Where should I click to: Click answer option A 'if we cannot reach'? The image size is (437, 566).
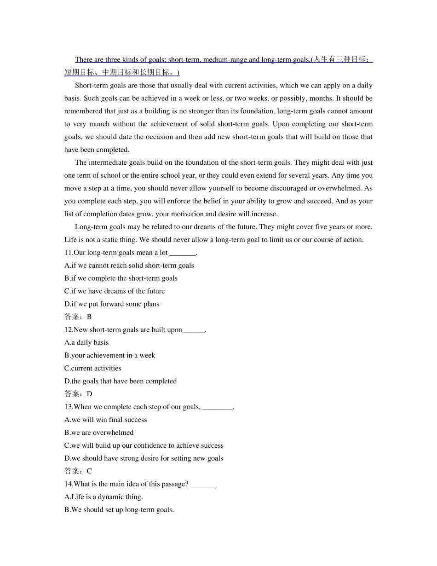pyautogui.click(x=129, y=266)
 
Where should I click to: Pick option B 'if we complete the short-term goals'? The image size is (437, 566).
pyautogui.click(x=121, y=278)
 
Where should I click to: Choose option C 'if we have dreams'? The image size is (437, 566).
pyautogui.click(x=115, y=291)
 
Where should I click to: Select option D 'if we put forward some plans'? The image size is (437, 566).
pyautogui.click(x=112, y=304)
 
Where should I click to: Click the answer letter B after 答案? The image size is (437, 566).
pyautogui.click(x=89, y=317)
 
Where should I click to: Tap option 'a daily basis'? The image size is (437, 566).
pyautogui.click(x=86, y=343)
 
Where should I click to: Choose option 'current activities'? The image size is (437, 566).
pyautogui.click(x=93, y=369)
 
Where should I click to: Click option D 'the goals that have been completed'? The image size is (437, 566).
pyautogui.click(x=121, y=381)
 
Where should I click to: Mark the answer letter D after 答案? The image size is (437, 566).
pyautogui.click(x=90, y=394)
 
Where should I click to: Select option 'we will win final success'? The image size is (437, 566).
pyautogui.click(x=106, y=420)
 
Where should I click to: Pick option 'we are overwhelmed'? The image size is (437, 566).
pyautogui.click(x=99, y=433)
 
